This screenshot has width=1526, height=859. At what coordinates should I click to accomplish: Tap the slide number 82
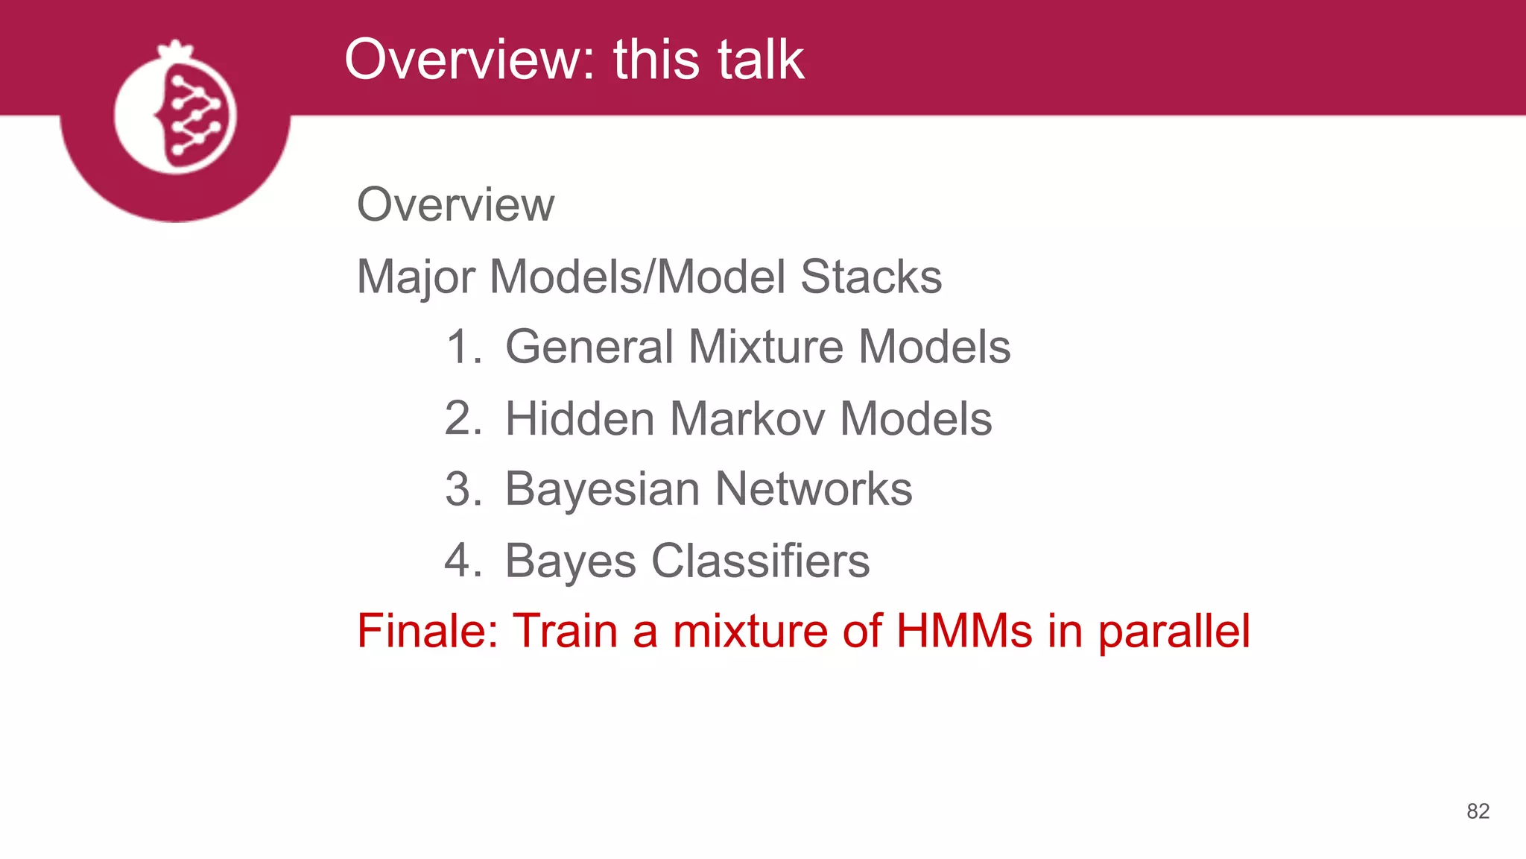click(1478, 811)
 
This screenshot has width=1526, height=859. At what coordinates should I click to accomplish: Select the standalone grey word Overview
click(455, 204)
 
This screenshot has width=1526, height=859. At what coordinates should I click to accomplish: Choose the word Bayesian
click(602, 489)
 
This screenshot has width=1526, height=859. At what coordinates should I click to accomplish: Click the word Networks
click(814, 489)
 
